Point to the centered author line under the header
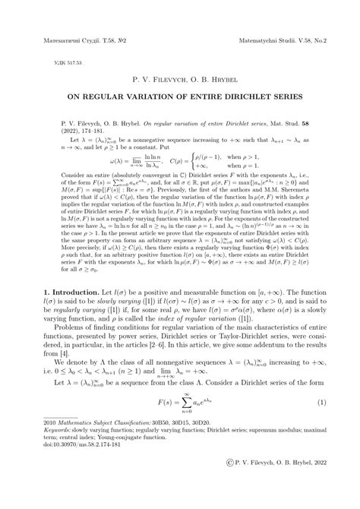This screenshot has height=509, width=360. pyautogui.click(x=179, y=78)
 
